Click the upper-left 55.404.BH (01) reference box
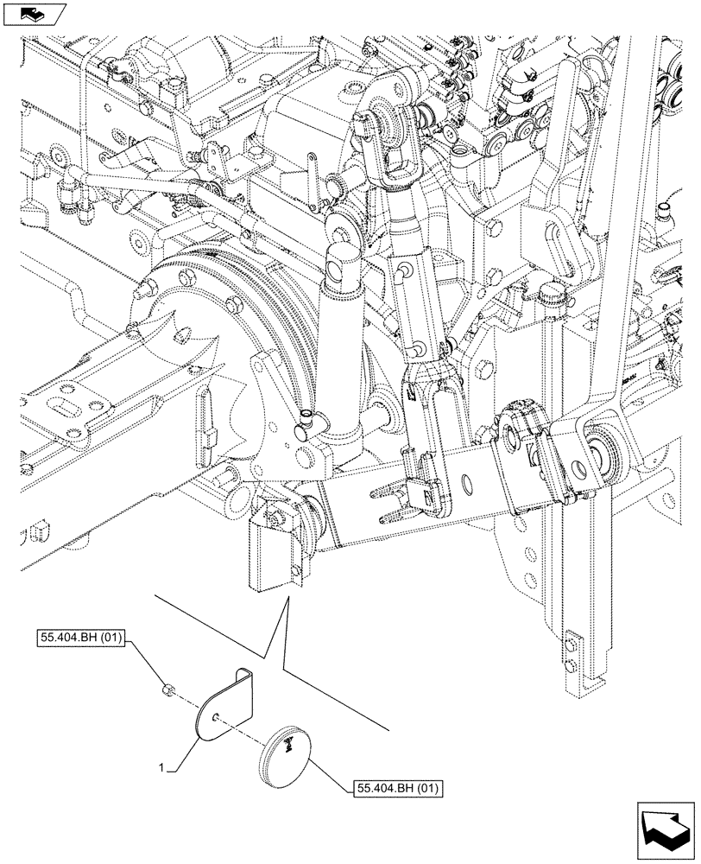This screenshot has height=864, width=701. coord(82,639)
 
